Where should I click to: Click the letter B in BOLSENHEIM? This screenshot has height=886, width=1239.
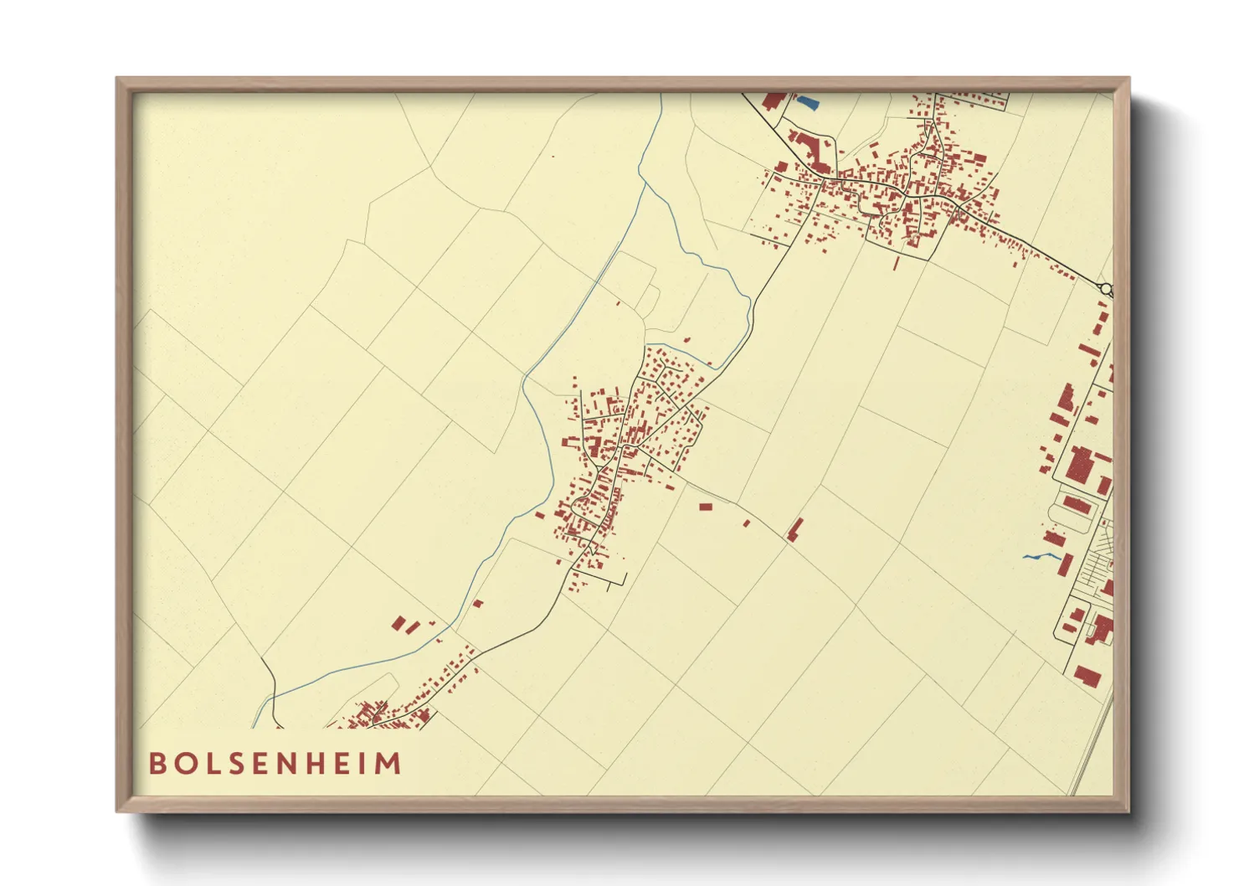click(x=157, y=764)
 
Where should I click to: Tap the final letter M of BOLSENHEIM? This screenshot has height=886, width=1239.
click(x=390, y=764)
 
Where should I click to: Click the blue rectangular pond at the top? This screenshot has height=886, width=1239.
click(x=807, y=103)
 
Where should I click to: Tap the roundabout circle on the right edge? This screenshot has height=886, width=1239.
click(x=1107, y=289)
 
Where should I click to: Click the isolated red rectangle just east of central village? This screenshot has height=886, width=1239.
click(x=705, y=507)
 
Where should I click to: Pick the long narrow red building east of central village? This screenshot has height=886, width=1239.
click(x=794, y=529)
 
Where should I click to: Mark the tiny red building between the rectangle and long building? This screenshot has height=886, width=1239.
click(x=747, y=523)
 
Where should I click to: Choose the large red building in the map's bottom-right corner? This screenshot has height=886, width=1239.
click(x=1087, y=675)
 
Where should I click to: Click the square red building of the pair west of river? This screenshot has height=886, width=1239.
click(x=399, y=622)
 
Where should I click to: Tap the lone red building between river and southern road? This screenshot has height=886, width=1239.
click(x=478, y=603)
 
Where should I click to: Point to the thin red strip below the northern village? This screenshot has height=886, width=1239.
click(x=896, y=263)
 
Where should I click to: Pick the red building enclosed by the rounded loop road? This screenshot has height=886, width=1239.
click(x=1077, y=505)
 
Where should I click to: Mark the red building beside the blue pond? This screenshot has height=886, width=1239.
click(x=775, y=100)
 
